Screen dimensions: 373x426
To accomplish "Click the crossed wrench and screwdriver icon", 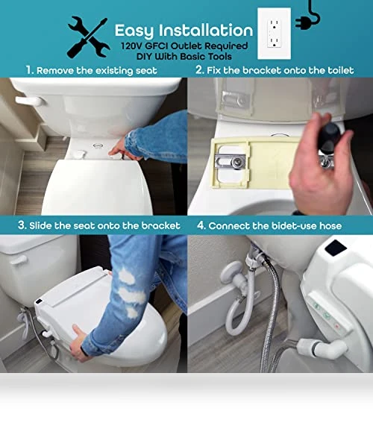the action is [89, 37].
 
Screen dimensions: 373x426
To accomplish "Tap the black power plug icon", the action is [308, 16].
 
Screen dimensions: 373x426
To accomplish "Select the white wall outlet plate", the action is [274, 34].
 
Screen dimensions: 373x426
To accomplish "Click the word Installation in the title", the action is [206, 30].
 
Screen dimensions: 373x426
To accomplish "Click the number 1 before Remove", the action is [30, 70].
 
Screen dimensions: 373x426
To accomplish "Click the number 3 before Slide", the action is [22, 225].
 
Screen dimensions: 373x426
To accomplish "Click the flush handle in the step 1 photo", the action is [29, 101].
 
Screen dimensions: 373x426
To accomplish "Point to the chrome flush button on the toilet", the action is [98, 146].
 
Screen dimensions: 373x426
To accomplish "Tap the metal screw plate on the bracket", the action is [231, 162].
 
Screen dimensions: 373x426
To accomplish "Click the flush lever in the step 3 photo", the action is [18, 260].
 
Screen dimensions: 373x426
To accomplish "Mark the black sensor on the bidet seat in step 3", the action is [39, 301].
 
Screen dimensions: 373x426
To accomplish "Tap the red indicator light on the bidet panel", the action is [337, 326].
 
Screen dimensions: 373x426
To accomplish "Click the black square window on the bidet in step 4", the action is [336, 248].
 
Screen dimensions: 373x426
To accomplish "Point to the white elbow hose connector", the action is [322, 349].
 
